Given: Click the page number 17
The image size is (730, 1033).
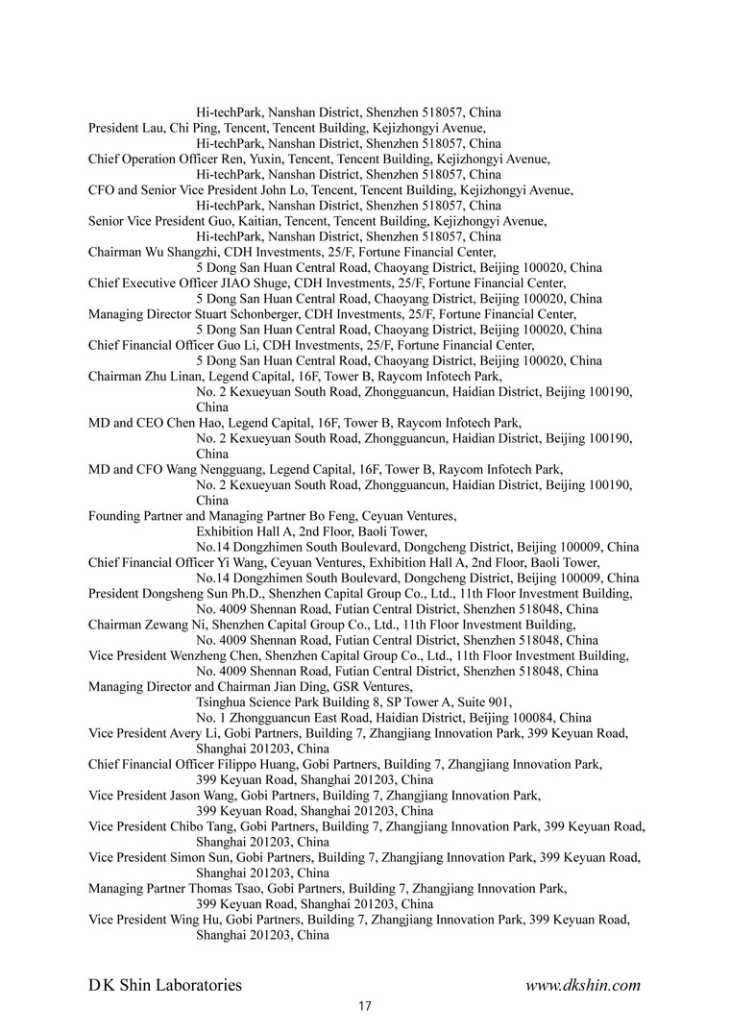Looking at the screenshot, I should (x=365, y=1006).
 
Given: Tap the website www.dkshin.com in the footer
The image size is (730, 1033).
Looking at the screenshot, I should (x=583, y=985).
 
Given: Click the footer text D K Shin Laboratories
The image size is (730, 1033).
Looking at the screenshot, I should (x=165, y=985).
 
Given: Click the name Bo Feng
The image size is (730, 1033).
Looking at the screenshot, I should (x=329, y=516).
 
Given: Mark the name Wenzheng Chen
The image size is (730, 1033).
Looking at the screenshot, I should (x=206, y=655).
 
